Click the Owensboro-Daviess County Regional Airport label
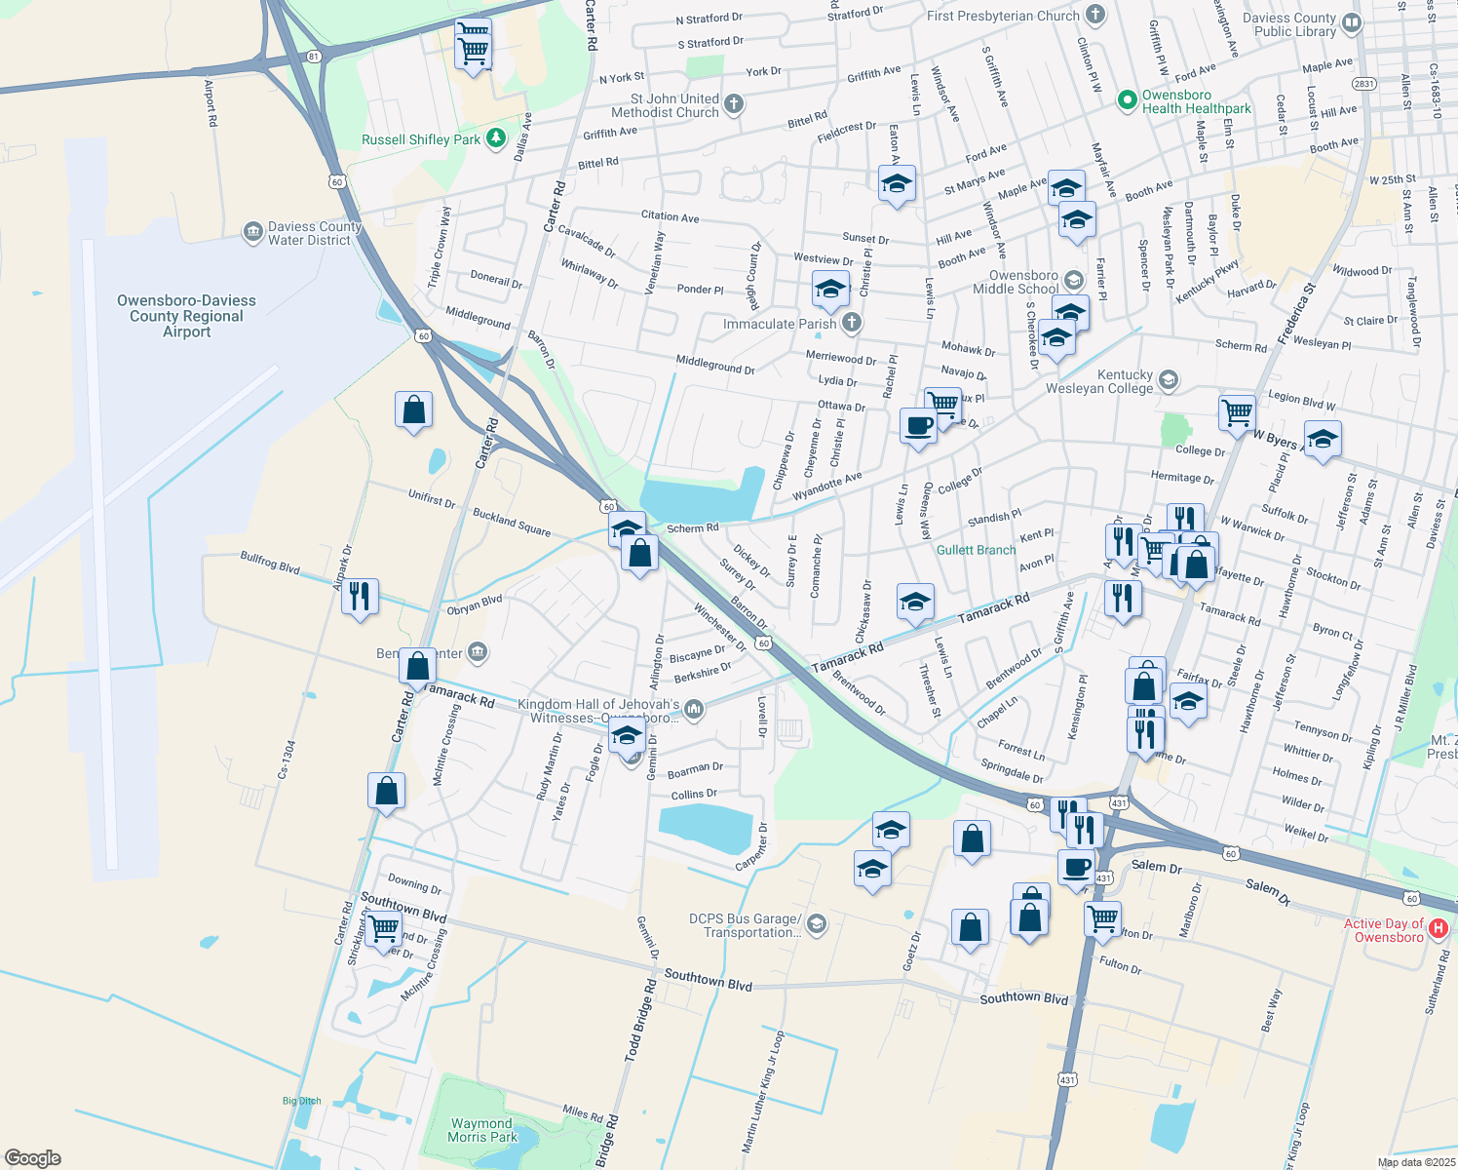[x=186, y=316]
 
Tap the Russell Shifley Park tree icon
[x=496, y=138]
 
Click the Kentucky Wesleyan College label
[x=1099, y=381]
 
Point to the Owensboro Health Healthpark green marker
[x=1128, y=99]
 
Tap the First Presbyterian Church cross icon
[x=1095, y=15]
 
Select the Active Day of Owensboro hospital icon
[x=1439, y=930]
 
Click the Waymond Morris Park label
[x=482, y=1130]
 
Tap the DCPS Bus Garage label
[x=745, y=925]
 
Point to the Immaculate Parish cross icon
[x=852, y=323]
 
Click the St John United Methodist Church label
[x=673, y=105]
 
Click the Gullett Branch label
[x=976, y=550]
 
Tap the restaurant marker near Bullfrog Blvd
[x=360, y=595]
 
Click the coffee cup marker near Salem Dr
[x=1076, y=866]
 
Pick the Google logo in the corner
[x=32, y=1157]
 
